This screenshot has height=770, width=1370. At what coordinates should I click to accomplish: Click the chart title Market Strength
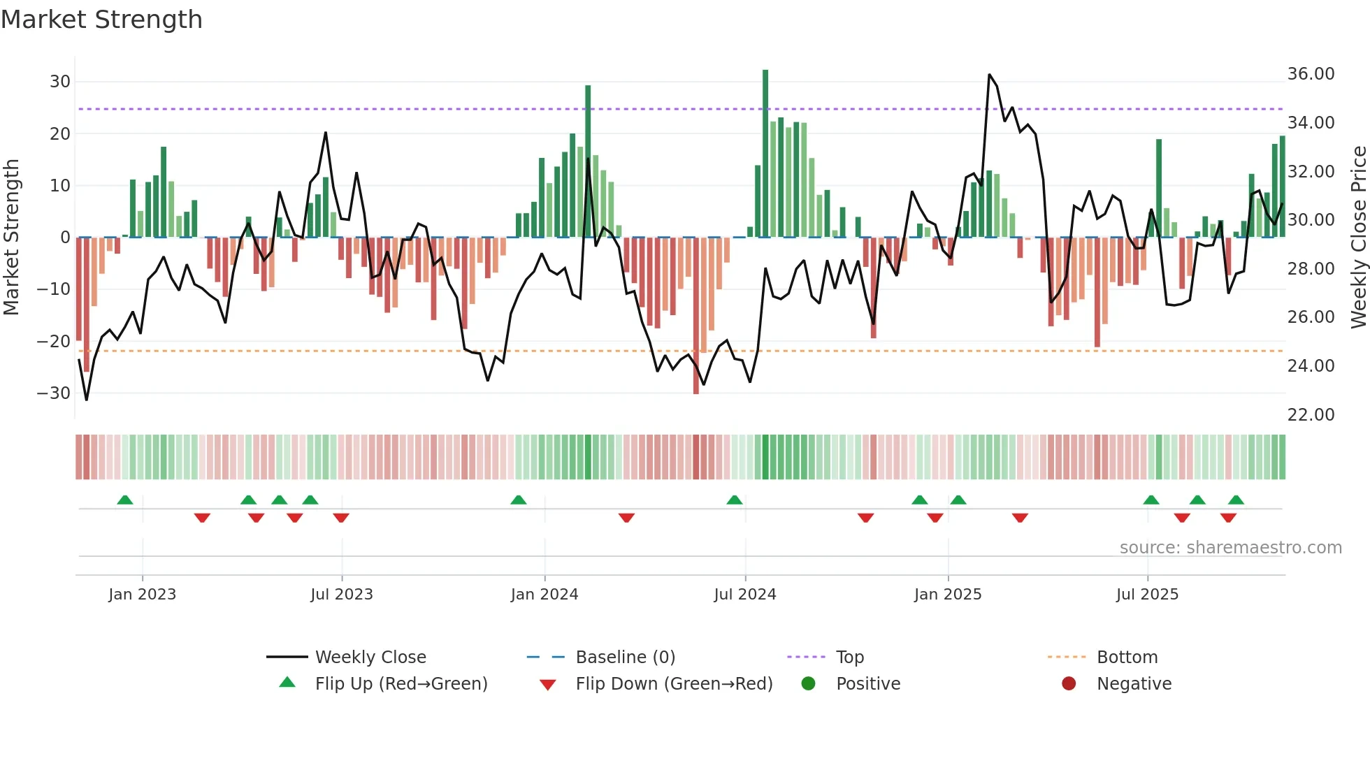point(102,20)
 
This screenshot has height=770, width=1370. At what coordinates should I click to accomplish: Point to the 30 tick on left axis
point(60,82)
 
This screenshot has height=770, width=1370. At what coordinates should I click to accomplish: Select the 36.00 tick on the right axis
point(1311,74)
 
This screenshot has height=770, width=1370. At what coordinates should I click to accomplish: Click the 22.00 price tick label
point(1311,414)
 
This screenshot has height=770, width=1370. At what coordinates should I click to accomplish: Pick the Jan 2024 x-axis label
point(545,595)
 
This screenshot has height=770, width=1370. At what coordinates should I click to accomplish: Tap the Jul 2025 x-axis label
point(1147,595)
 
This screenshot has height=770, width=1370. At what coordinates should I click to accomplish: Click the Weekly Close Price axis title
point(1358,238)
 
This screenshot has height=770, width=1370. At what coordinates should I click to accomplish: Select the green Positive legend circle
point(809,684)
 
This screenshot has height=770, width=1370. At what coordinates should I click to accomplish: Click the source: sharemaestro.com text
point(1230,548)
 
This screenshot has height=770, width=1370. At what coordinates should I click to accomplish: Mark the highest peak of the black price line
point(989,75)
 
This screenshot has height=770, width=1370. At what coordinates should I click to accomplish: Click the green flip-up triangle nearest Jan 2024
point(519,500)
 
